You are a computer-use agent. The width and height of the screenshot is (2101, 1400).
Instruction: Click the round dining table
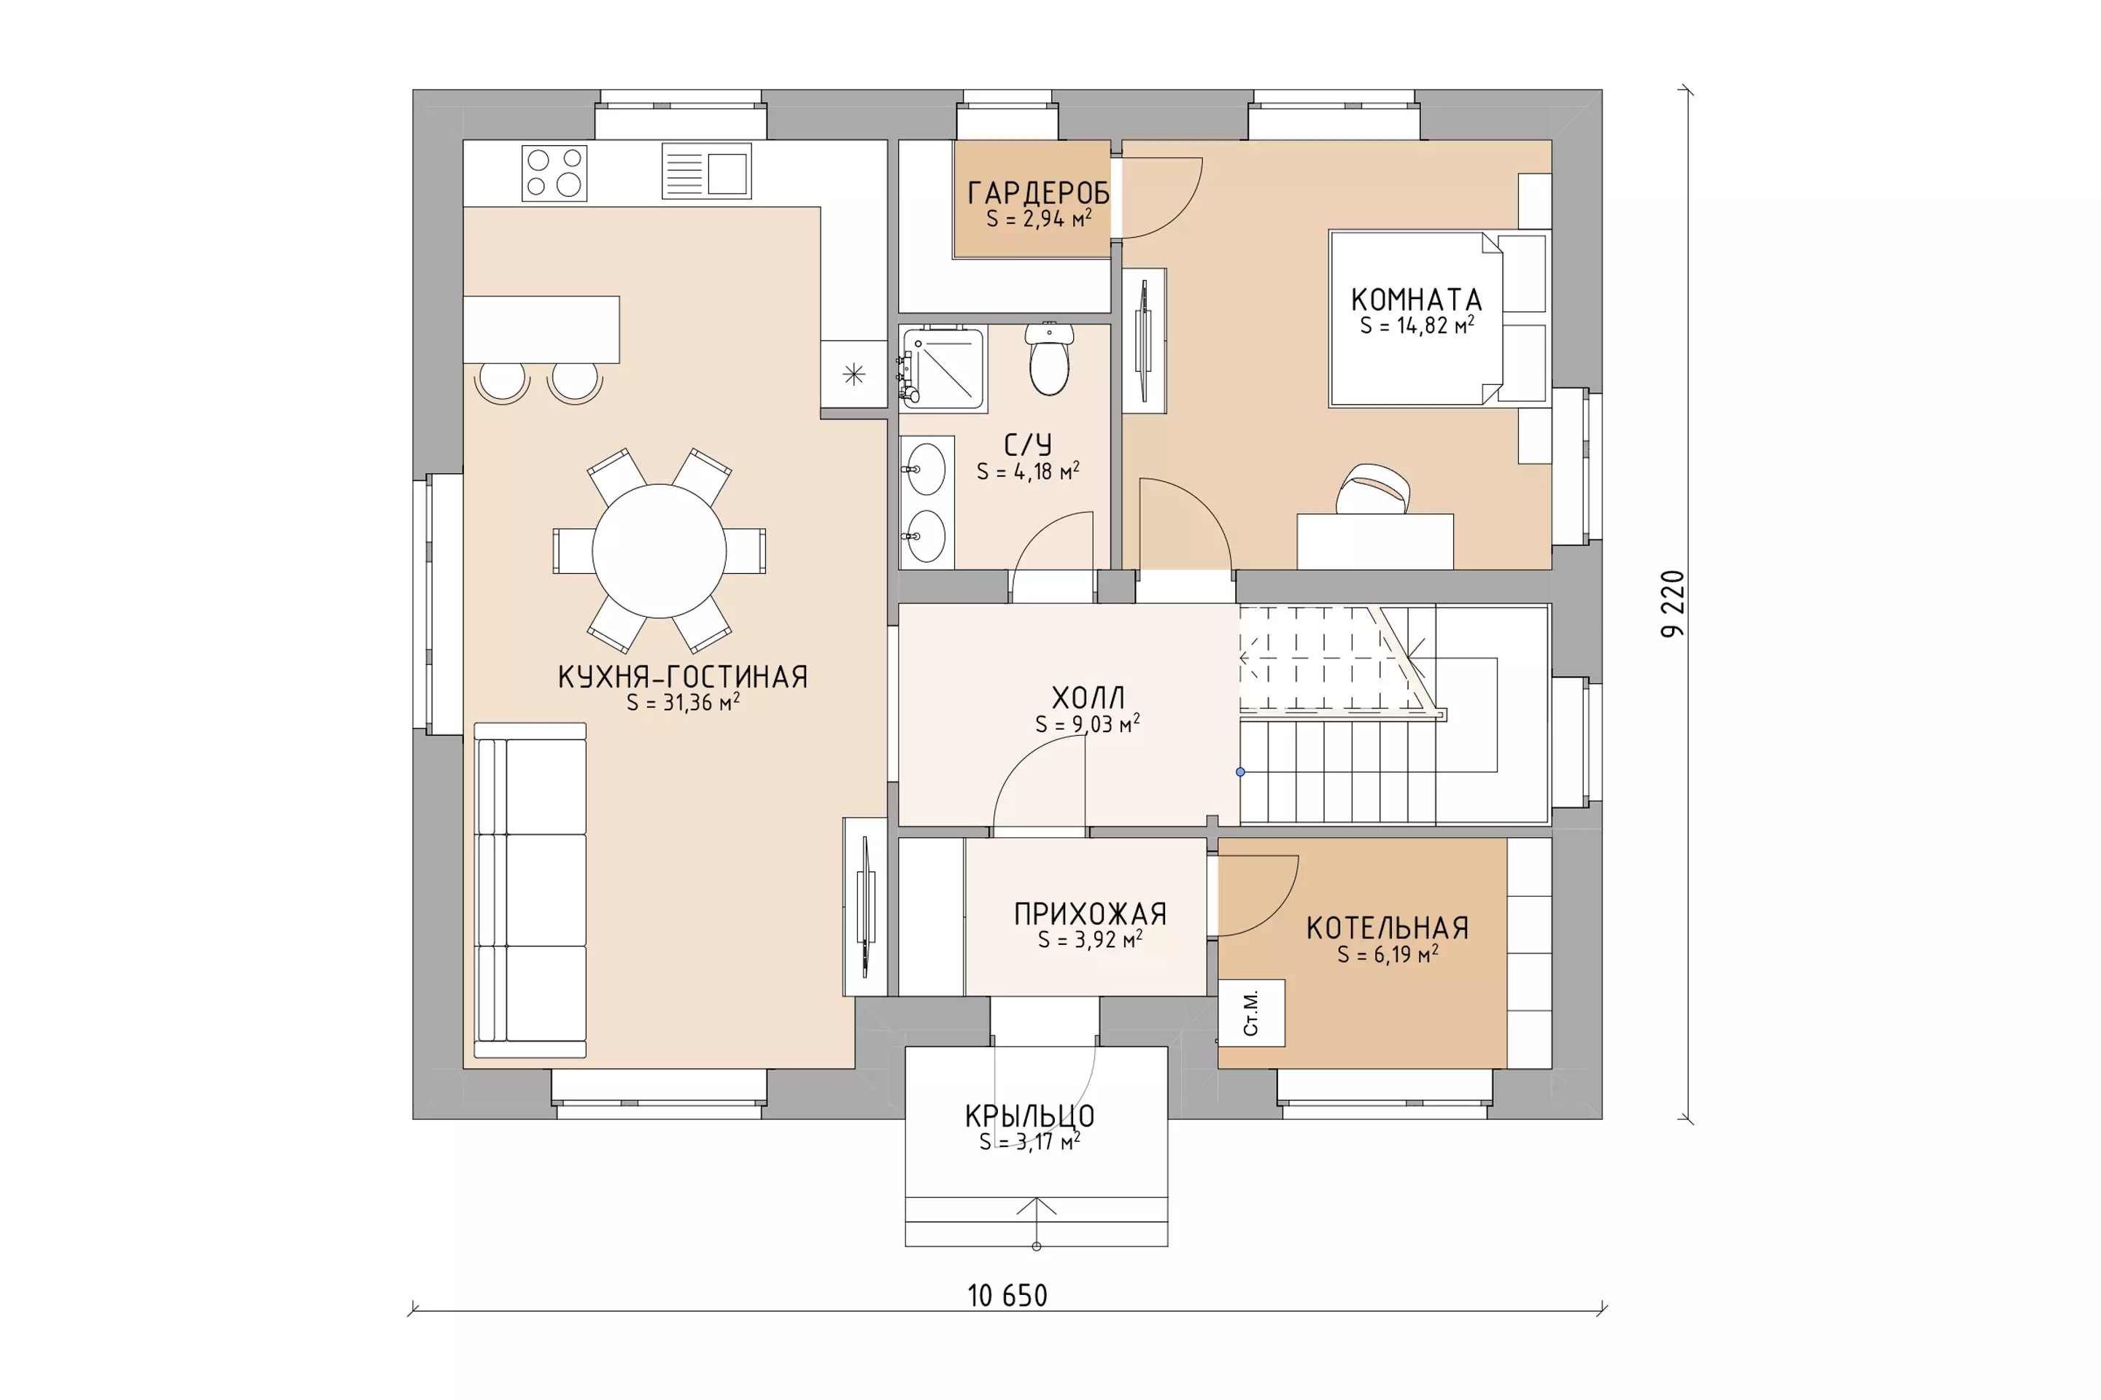tap(659, 551)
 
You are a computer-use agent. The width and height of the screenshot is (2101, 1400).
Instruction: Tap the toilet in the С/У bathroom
tap(1050, 359)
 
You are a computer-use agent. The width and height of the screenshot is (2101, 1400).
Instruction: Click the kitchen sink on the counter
tap(707, 171)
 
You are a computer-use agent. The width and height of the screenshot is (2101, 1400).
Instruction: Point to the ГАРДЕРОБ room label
tap(1039, 192)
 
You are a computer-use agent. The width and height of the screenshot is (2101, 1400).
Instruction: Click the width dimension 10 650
tap(1007, 1296)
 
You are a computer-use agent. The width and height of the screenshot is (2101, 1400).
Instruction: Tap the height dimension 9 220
tap(1672, 604)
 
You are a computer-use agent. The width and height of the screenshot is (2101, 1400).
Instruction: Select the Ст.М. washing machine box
tap(1252, 1013)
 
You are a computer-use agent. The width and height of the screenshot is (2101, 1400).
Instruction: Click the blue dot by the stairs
tap(1240, 772)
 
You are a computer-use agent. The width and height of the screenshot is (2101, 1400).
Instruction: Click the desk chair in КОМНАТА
tap(1373, 489)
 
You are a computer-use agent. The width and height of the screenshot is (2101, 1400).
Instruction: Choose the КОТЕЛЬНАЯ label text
tap(1388, 928)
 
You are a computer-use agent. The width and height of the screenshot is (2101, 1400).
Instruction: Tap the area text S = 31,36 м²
tap(684, 703)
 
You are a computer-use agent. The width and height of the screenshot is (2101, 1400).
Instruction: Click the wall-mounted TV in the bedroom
tap(1143, 341)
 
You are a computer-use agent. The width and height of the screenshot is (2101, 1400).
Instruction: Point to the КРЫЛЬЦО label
tap(1030, 1116)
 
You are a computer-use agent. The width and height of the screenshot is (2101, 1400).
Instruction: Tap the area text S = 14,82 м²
tap(1417, 326)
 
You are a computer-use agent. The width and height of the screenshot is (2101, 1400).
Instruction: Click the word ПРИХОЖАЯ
tap(1091, 914)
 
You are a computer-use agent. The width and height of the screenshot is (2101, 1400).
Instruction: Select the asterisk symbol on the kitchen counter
tap(854, 374)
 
